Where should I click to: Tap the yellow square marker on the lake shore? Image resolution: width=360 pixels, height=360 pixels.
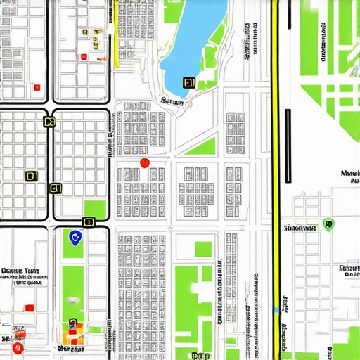click(x=188, y=83)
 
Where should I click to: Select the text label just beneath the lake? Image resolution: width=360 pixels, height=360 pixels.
click(x=172, y=102)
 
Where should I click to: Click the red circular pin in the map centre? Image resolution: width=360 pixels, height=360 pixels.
click(x=145, y=163)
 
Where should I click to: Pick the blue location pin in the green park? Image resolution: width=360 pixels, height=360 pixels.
click(x=75, y=238)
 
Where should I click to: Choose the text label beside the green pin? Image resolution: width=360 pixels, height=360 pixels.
click(x=299, y=229)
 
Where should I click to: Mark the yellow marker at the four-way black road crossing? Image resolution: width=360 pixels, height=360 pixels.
click(x=49, y=122)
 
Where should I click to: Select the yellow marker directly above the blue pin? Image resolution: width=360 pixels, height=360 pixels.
click(x=88, y=222)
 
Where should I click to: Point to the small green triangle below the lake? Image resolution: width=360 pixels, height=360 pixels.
click(x=203, y=146)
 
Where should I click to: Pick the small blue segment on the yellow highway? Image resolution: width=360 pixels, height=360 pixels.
click(x=275, y=309)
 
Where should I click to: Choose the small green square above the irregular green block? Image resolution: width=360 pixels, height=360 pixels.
click(x=202, y=248)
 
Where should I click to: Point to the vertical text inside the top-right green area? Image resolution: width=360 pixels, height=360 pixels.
click(x=323, y=42)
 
